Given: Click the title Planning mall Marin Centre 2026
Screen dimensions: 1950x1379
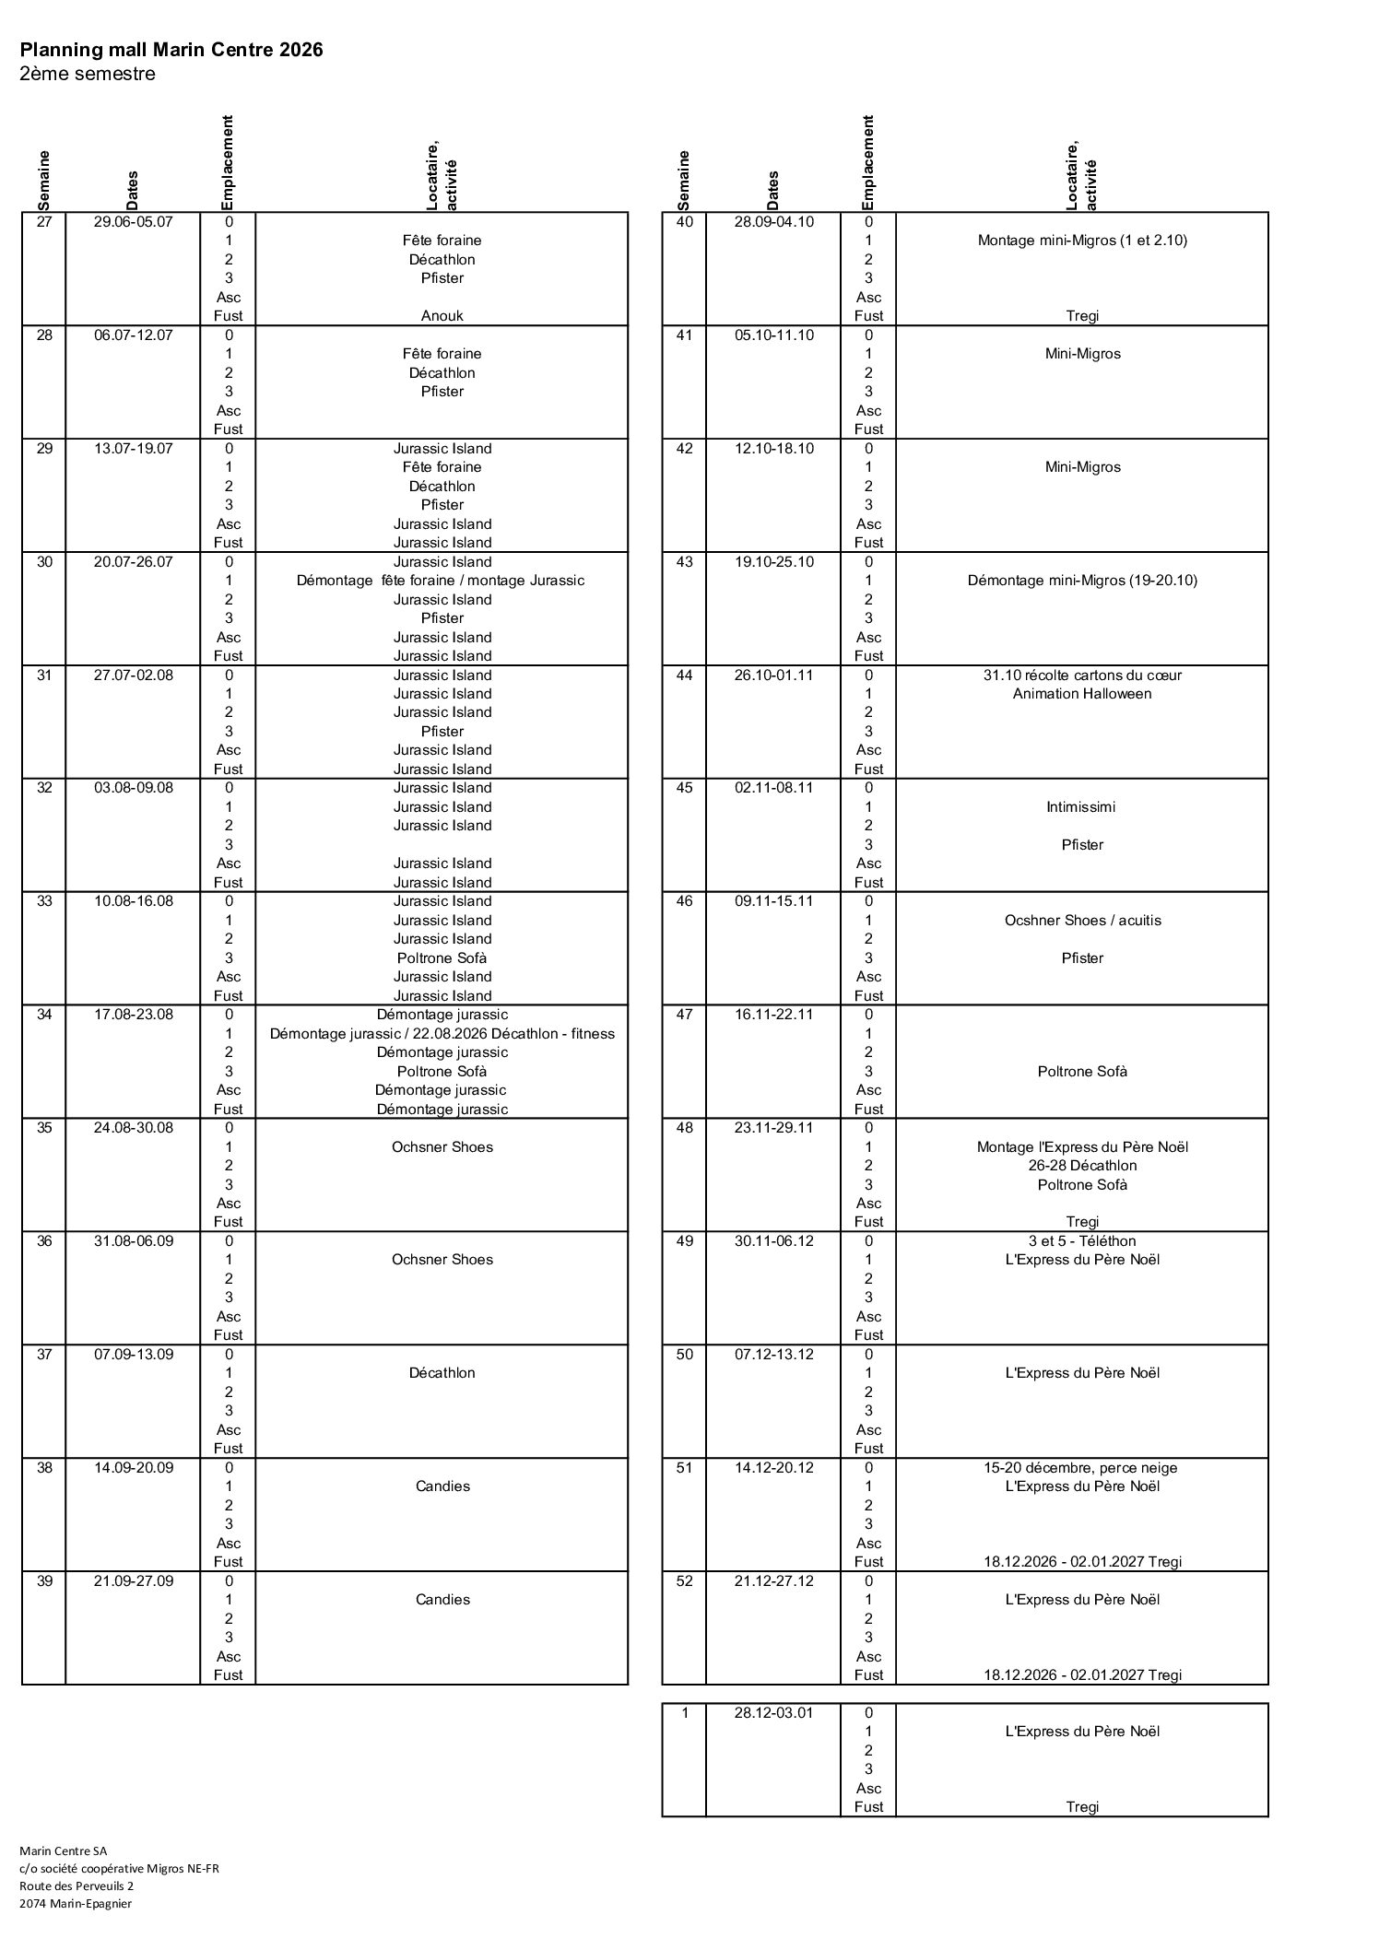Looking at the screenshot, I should pos(171,50).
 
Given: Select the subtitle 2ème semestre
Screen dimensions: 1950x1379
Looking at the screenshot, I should pos(88,74).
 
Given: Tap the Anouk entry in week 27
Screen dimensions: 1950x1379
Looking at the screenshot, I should pos(442,315).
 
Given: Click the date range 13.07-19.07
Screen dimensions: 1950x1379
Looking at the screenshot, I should pos(133,449).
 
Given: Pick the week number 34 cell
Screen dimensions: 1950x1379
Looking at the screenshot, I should pos(44,1015).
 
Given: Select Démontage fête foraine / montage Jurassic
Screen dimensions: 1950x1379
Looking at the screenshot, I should pos(441,581).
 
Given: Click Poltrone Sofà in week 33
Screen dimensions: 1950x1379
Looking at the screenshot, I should pos(442,957).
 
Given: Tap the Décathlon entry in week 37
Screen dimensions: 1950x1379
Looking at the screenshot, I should pos(442,1373).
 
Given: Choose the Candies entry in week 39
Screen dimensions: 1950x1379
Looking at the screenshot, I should pos(442,1600).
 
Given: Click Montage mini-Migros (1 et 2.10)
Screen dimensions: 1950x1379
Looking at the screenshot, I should pos(1082,241).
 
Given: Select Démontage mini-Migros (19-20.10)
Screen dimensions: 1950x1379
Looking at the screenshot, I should pos(1082,581).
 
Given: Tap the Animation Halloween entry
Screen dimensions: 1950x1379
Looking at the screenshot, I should pos(1082,694).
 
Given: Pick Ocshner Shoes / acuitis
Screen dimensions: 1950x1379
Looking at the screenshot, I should pos(1082,921).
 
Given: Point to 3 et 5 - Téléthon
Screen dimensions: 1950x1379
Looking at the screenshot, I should pos(1082,1241).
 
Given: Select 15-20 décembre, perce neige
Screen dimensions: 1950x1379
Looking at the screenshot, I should pos(1082,1468).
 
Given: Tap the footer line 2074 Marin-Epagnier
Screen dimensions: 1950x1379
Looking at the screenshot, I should pos(76,1903).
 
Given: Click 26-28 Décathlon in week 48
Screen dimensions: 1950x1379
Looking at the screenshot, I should pos(1082,1166).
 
